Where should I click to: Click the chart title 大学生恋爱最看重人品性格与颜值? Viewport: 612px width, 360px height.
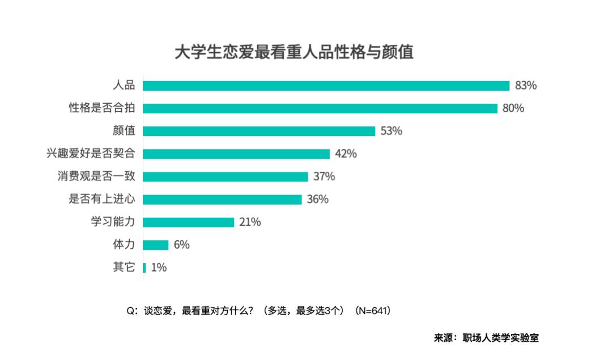[294, 52]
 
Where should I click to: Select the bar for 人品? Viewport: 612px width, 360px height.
[326, 86]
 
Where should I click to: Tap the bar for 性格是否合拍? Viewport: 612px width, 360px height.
[320, 108]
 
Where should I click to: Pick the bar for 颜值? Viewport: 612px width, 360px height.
[259, 131]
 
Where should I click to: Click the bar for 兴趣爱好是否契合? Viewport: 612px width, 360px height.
[236, 154]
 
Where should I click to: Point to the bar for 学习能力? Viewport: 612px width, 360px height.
[188, 222]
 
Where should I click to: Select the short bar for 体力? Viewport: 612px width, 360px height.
[155, 245]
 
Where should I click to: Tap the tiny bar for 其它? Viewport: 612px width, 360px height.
[144, 268]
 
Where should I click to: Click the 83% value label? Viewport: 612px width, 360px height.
[526, 86]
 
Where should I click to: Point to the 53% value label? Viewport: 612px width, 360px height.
[392, 131]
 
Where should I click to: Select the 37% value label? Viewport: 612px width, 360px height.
[324, 176]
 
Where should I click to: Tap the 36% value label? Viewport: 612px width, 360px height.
[318, 200]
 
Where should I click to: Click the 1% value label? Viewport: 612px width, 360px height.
[159, 268]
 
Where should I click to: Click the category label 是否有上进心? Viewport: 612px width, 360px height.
[101, 200]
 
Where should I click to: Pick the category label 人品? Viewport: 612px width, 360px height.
[124, 86]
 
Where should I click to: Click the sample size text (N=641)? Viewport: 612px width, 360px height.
[372, 311]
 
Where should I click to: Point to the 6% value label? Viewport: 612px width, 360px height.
[182, 245]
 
